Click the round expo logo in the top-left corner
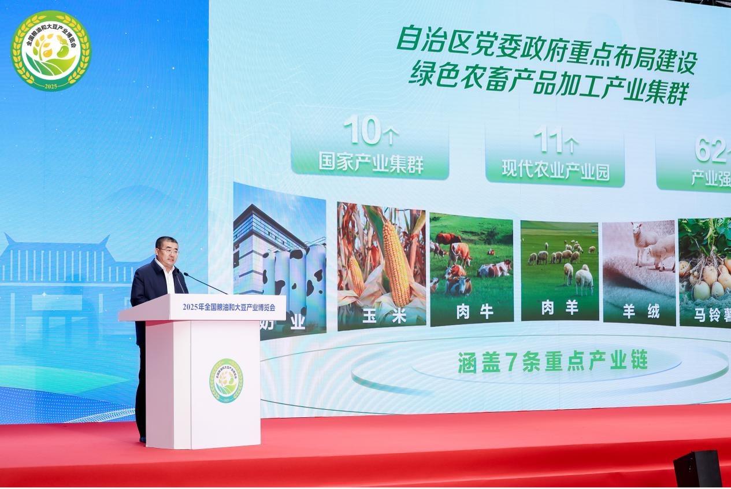tap(51, 50)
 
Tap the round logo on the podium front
tap(226, 381)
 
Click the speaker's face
tap(168, 250)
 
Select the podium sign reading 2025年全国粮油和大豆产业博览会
tap(228, 307)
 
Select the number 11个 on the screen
tap(555, 140)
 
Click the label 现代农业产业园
tap(555, 171)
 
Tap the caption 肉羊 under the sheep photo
tap(559, 308)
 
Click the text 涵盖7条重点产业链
tap(552, 361)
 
